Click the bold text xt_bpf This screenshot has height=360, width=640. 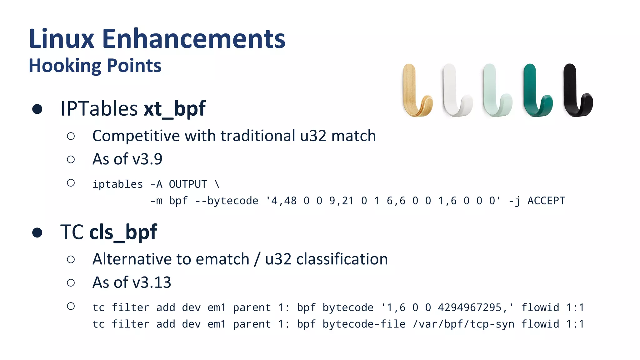[174, 109]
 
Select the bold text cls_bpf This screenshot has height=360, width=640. [123, 232]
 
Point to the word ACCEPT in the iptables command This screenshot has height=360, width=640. [546, 201]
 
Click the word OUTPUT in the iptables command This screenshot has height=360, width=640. [188, 184]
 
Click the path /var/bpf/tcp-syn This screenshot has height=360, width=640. [463, 324]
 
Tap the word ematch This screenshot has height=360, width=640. [222, 259]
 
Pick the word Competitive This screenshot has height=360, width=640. [136, 136]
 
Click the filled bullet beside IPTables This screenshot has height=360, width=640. [37, 109]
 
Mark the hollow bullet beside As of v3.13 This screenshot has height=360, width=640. [71, 283]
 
